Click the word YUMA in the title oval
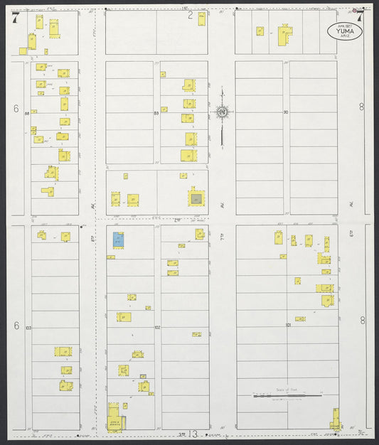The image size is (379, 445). coord(344,31)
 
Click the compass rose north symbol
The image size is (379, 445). coord(222,112)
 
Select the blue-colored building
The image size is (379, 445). coord(118,240)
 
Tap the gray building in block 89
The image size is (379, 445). coord(196,198)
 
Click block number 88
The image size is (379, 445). coord(26,114)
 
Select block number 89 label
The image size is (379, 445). coord(156,114)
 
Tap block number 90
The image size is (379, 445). coord(285,112)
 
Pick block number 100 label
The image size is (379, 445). coord(28,328)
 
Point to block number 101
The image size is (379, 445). coord(289,325)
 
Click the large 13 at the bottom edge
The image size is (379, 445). coord(192,434)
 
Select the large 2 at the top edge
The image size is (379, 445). coord(190,14)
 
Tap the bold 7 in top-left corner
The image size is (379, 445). coord(15,18)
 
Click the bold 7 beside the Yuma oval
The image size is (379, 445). coord(360,15)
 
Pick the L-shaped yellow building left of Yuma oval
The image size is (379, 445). coord(284,35)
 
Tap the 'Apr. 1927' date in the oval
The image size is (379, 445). coord(344,24)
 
